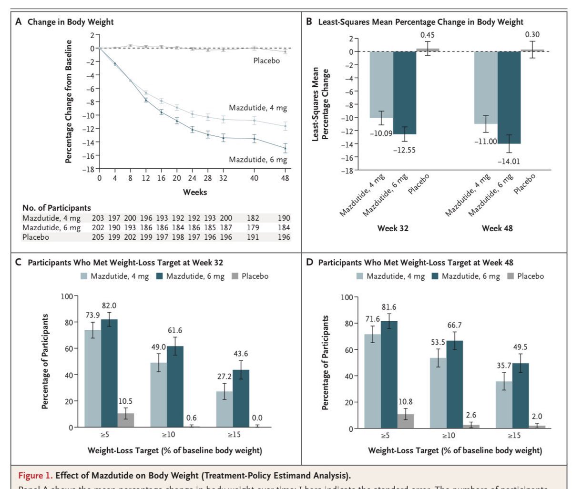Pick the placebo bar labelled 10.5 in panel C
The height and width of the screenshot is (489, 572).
(126, 420)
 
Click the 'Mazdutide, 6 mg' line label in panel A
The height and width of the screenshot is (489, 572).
(258, 159)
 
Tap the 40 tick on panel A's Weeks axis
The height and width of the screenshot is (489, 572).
(254, 178)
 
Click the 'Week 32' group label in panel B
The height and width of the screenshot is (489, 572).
(393, 228)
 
